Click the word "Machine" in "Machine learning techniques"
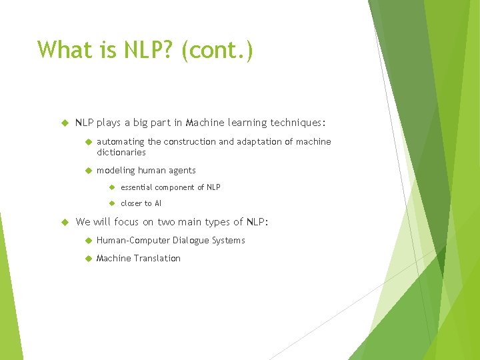206,123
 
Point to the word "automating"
120,141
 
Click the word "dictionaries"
121,152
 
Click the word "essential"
137,187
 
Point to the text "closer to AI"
141,203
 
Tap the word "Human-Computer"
133,240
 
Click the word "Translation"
159,258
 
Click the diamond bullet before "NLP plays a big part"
65,123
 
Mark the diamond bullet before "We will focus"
65,222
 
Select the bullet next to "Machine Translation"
87,259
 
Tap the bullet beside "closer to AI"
112,203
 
